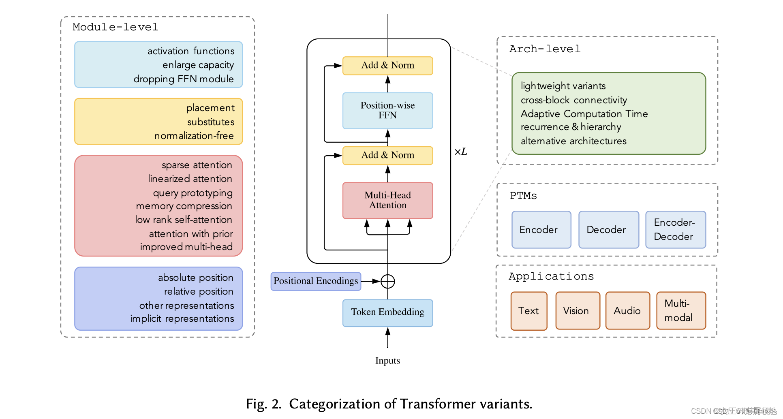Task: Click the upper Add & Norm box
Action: click(387, 66)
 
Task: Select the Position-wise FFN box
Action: click(387, 111)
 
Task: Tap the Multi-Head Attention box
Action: click(387, 201)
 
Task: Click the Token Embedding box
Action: click(387, 312)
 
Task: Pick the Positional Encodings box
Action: click(316, 281)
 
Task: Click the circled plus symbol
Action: click(388, 281)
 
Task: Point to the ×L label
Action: click(461, 152)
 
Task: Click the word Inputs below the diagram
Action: click(387, 361)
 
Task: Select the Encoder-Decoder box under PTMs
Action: click(675, 229)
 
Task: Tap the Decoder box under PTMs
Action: click(608, 229)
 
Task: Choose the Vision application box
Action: click(577, 311)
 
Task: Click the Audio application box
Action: click(627, 311)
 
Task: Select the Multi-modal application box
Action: click(680, 311)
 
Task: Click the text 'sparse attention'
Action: click(197, 165)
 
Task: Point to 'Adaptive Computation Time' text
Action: click(584, 114)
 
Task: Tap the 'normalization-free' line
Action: click(194, 136)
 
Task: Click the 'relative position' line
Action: click(199, 292)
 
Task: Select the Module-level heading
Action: click(115, 27)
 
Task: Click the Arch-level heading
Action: click(545, 49)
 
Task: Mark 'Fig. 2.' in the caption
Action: click(263, 404)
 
